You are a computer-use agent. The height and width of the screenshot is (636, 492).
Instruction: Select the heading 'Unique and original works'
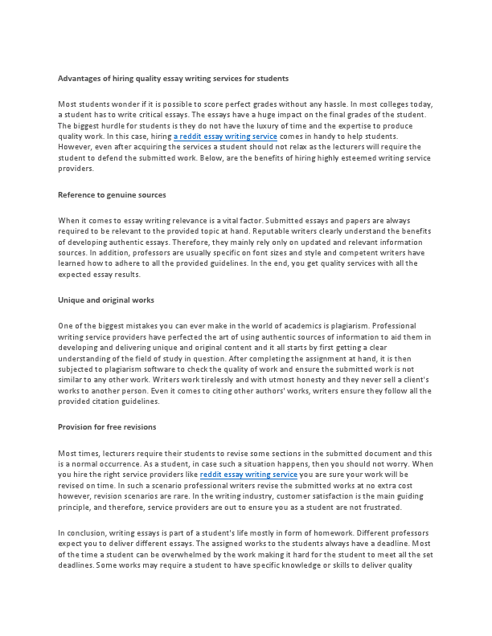106,300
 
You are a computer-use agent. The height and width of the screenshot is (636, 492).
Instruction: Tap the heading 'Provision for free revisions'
107,426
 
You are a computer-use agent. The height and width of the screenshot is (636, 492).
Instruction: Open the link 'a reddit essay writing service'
225,137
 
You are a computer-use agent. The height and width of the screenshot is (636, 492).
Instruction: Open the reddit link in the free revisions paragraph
248,475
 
